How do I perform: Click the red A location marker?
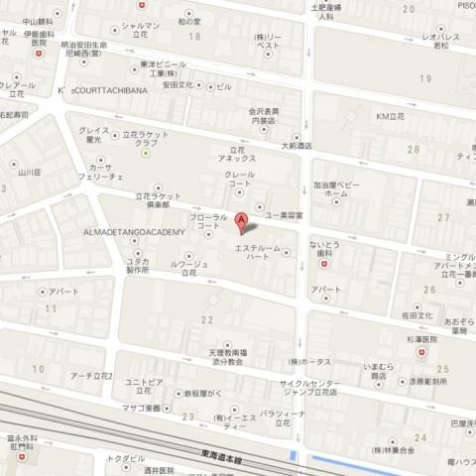240,222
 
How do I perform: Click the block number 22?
207,319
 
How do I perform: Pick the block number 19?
425,77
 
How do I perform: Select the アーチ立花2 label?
91,376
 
